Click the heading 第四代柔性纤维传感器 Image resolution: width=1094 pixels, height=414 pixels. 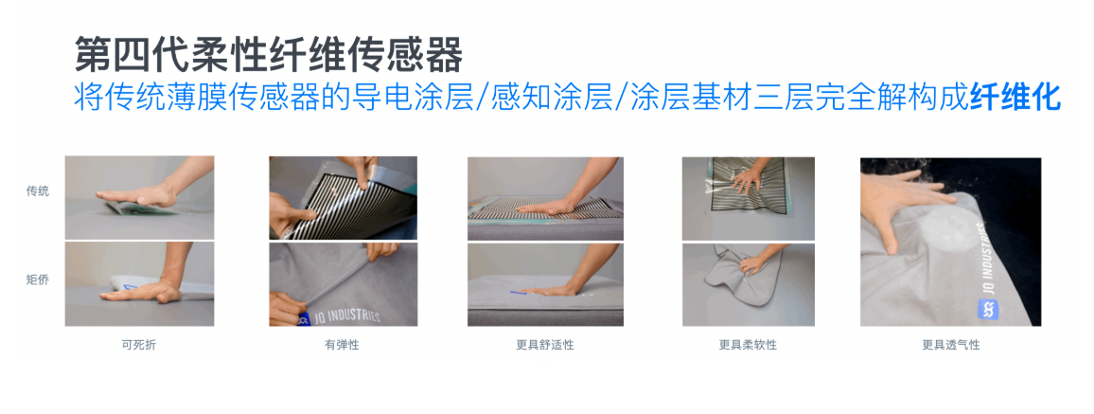tap(269, 55)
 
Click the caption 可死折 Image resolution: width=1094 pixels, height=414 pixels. tap(139, 345)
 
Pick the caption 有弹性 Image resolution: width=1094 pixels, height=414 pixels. tap(342, 345)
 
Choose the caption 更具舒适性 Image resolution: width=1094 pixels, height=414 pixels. tap(545, 345)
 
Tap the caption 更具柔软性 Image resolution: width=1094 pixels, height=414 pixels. tap(748, 345)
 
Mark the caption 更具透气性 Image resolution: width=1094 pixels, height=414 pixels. tap(950, 345)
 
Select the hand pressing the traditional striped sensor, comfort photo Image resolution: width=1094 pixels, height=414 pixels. tap(558, 195)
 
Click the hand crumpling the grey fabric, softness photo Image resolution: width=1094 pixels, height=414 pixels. tap(757, 261)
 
